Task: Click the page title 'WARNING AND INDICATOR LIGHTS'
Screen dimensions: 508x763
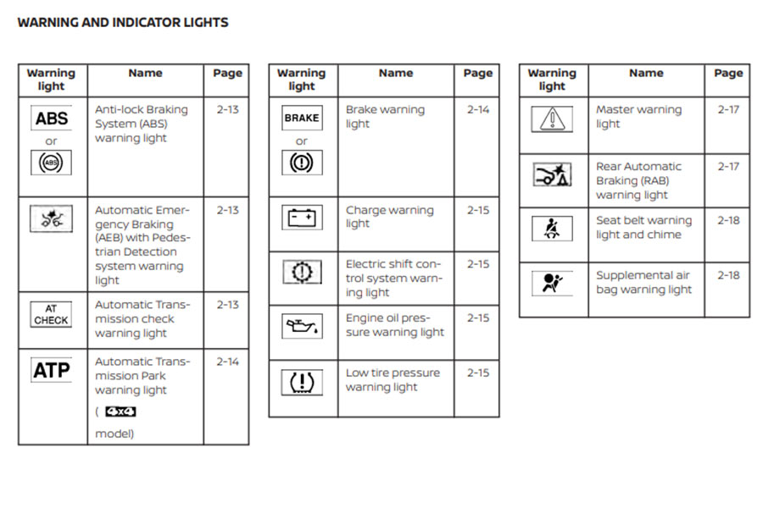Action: click(123, 23)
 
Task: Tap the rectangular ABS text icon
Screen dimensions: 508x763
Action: click(52, 119)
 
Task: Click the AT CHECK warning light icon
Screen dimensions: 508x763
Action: click(52, 315)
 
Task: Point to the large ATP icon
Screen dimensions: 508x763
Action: click(52, 370)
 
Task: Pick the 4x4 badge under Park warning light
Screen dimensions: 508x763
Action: click(120, 412)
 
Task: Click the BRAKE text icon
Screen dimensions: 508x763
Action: click(302, 119)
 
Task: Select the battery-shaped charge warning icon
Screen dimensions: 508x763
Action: click(302, 218)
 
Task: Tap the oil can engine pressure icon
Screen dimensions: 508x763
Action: click(302, 325)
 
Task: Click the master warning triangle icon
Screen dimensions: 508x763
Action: click(552, 119)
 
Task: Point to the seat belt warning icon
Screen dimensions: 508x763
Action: click(552, 229)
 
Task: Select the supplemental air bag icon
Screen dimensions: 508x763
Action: click(552, 283)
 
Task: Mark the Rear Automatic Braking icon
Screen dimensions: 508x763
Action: click(552, 175)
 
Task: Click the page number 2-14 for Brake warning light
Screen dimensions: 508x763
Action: click(478, 110)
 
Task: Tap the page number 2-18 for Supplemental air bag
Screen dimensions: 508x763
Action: click(728, 275)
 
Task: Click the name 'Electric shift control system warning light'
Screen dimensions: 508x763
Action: click(393, 278)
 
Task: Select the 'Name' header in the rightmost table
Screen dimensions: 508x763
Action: click(646, 74)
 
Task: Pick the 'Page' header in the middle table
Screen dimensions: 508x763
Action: click(478, 74)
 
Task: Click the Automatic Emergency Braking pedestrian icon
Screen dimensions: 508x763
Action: click(52, 218)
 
